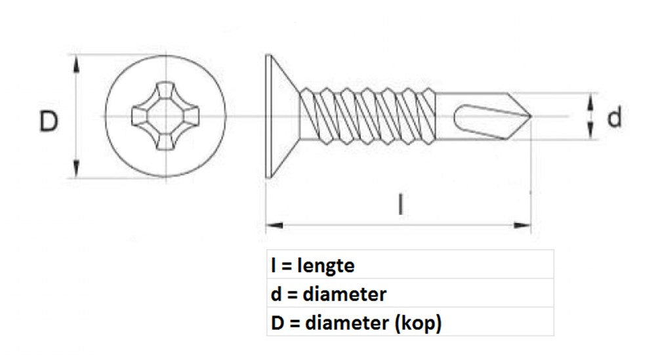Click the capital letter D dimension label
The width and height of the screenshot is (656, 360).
pyautogui.click(x=49, y=122)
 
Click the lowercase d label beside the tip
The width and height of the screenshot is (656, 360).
pyautogui.click(x=614, y=118)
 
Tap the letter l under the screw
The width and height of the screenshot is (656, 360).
pyautogui.click(x=400, y=204)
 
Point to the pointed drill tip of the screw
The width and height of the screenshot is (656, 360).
pyautogui.click(x=525, y=117)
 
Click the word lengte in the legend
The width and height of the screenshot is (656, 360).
pyautogui.click(x=326, y=266)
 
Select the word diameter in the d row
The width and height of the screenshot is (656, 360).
pyautogui.click(x=345, y=294)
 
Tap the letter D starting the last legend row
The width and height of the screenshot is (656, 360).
pyautogui.click(x=276, y=323)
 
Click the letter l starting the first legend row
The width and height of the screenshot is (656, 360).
pyautogui.click(x=272, y=266)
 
